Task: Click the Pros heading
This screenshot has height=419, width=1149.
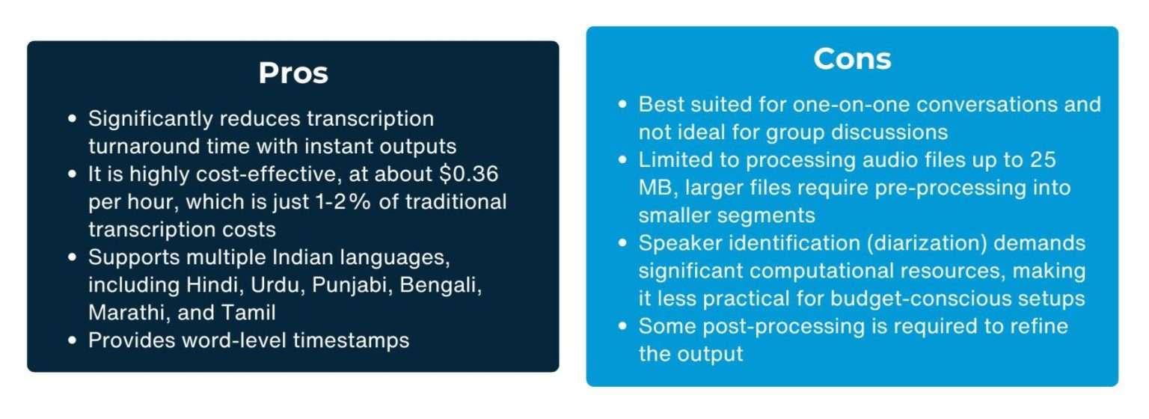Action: pos(293,73)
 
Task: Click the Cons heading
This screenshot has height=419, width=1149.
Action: pos(852,59)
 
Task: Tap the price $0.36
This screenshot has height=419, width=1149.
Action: pos(469,174)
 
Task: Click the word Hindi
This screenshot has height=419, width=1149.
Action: pos(215,285)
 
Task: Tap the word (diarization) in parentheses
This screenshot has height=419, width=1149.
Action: pos(926,243)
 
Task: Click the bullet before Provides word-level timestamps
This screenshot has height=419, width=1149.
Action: pos(73,340)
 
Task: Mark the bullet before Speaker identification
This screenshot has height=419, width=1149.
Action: pos(622,242)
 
